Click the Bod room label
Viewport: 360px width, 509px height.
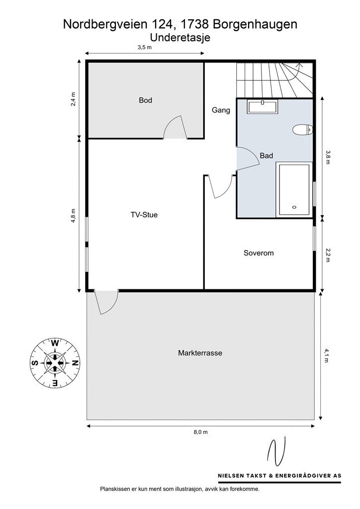point(145,100)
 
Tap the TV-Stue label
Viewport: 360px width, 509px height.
point(144,215)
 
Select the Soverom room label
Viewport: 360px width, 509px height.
point(259,253)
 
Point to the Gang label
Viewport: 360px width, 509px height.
point(221,110)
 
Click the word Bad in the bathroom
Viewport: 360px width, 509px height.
point(267,156)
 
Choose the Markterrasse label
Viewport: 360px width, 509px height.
point(200,353)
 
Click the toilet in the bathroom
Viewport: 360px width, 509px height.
point(302,130)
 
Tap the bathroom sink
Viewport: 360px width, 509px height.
point(262,107)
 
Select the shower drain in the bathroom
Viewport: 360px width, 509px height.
point(294,207)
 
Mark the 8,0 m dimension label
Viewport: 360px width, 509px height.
point(200,432)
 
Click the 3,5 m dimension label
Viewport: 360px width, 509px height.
point(145,47)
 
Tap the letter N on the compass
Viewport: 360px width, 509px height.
point(75,363)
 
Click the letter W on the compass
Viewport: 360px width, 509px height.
point(55,343)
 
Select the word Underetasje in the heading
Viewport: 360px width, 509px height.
point(180,38)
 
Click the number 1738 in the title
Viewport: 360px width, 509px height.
point(194,24)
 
